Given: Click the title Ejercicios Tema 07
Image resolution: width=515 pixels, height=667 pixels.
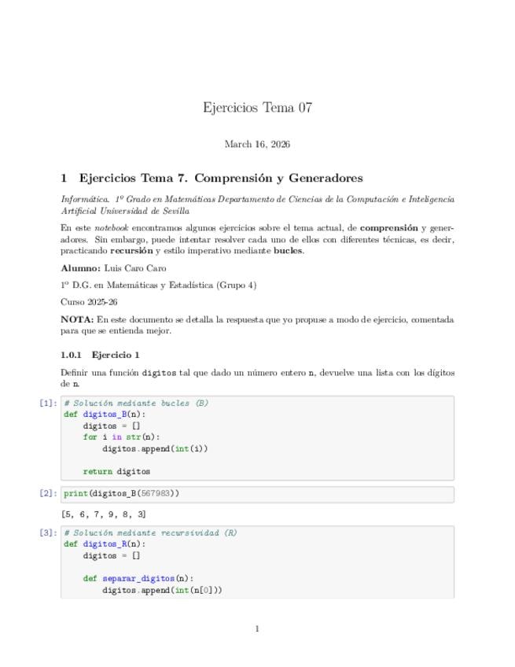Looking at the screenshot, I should point(257,108).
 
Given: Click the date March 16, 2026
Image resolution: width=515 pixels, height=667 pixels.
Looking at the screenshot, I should point(257,144).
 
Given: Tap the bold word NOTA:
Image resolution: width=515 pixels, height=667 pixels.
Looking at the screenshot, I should point(77,319).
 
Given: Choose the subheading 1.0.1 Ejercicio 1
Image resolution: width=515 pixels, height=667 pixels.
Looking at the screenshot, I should point(100,355).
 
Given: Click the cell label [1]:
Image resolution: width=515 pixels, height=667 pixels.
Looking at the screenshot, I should point(48,404).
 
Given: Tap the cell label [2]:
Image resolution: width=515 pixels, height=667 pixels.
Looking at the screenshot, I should point(48,494).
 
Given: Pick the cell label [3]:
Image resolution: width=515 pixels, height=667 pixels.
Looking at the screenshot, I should point(48,533).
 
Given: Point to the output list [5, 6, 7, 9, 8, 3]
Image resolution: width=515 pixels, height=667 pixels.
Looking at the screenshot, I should point(103,514).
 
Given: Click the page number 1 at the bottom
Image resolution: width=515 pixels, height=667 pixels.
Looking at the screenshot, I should point(257,628).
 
